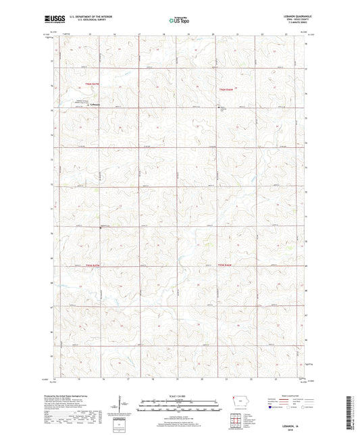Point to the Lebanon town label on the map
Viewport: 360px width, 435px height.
pyautogui.click(x=95, y=104)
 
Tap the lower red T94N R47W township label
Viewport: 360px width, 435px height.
pyautogui.click(x=82, y=265)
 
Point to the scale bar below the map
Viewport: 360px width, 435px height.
pyautogui.click(x=180, y=406)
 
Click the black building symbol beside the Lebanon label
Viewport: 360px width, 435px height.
pyautogui.click(x=86, y=105)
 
